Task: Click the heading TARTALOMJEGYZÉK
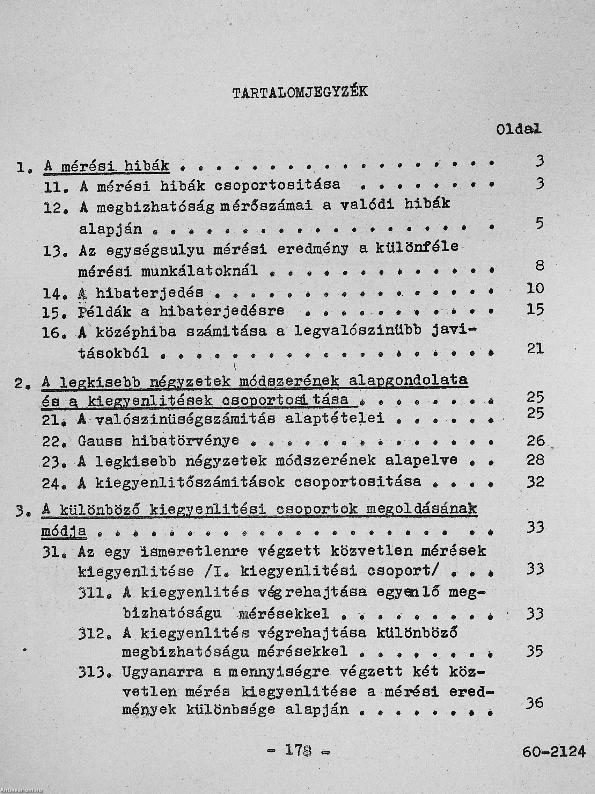click(300, 93)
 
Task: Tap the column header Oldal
click(518, 129)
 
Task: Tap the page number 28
click(535, 460)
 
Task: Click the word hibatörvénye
click(185, 441)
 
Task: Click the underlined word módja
click(64, 531)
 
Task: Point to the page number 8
click(540, 266)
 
